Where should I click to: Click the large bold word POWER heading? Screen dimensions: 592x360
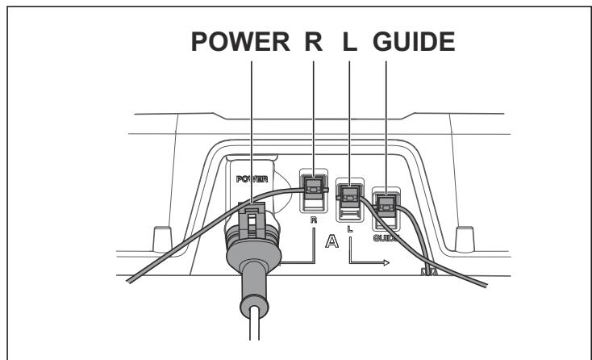pyautogui.click(x=240, y=41)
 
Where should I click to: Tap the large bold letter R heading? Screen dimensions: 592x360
pyautogui.click(x=314, y=41)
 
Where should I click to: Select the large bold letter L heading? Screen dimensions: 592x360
pyautogui.click(x=349, y=41)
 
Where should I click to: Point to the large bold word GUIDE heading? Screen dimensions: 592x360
pyautogui.click(x=414, y=41)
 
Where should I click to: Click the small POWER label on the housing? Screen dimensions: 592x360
pyautogui.click(x=252, y=179)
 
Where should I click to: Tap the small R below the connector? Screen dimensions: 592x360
pyautogui.click(x=314, y=220)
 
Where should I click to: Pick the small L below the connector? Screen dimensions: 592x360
pyautogui.click(x=350, y=229)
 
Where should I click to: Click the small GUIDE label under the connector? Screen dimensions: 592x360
pyautogui.click(x=386, y=238)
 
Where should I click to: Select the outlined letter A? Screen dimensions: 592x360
pyautogui.click(x=331, y=241)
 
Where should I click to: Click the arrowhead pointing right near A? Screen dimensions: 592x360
pyautogui.click(x=386, y=262)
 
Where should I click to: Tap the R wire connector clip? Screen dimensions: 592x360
pyautogui.click(x=314, y=187)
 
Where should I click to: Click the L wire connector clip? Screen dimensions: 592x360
pyautogui.click(x=350, y=196)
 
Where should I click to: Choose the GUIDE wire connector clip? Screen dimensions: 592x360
pyautogui.click(x=386, y=206)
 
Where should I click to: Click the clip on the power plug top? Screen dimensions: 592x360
pyautogui.click(x=252, y=219)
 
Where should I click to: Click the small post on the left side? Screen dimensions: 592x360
pyautogui.click(x=163, y=239)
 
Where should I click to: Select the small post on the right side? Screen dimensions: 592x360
pyautogui.click(x=465, y=239)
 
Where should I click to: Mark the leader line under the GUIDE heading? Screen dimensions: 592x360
pyautogui.click(x=386, y=128)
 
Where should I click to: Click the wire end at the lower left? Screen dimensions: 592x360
pyautogui.click(x=129, y=281)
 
